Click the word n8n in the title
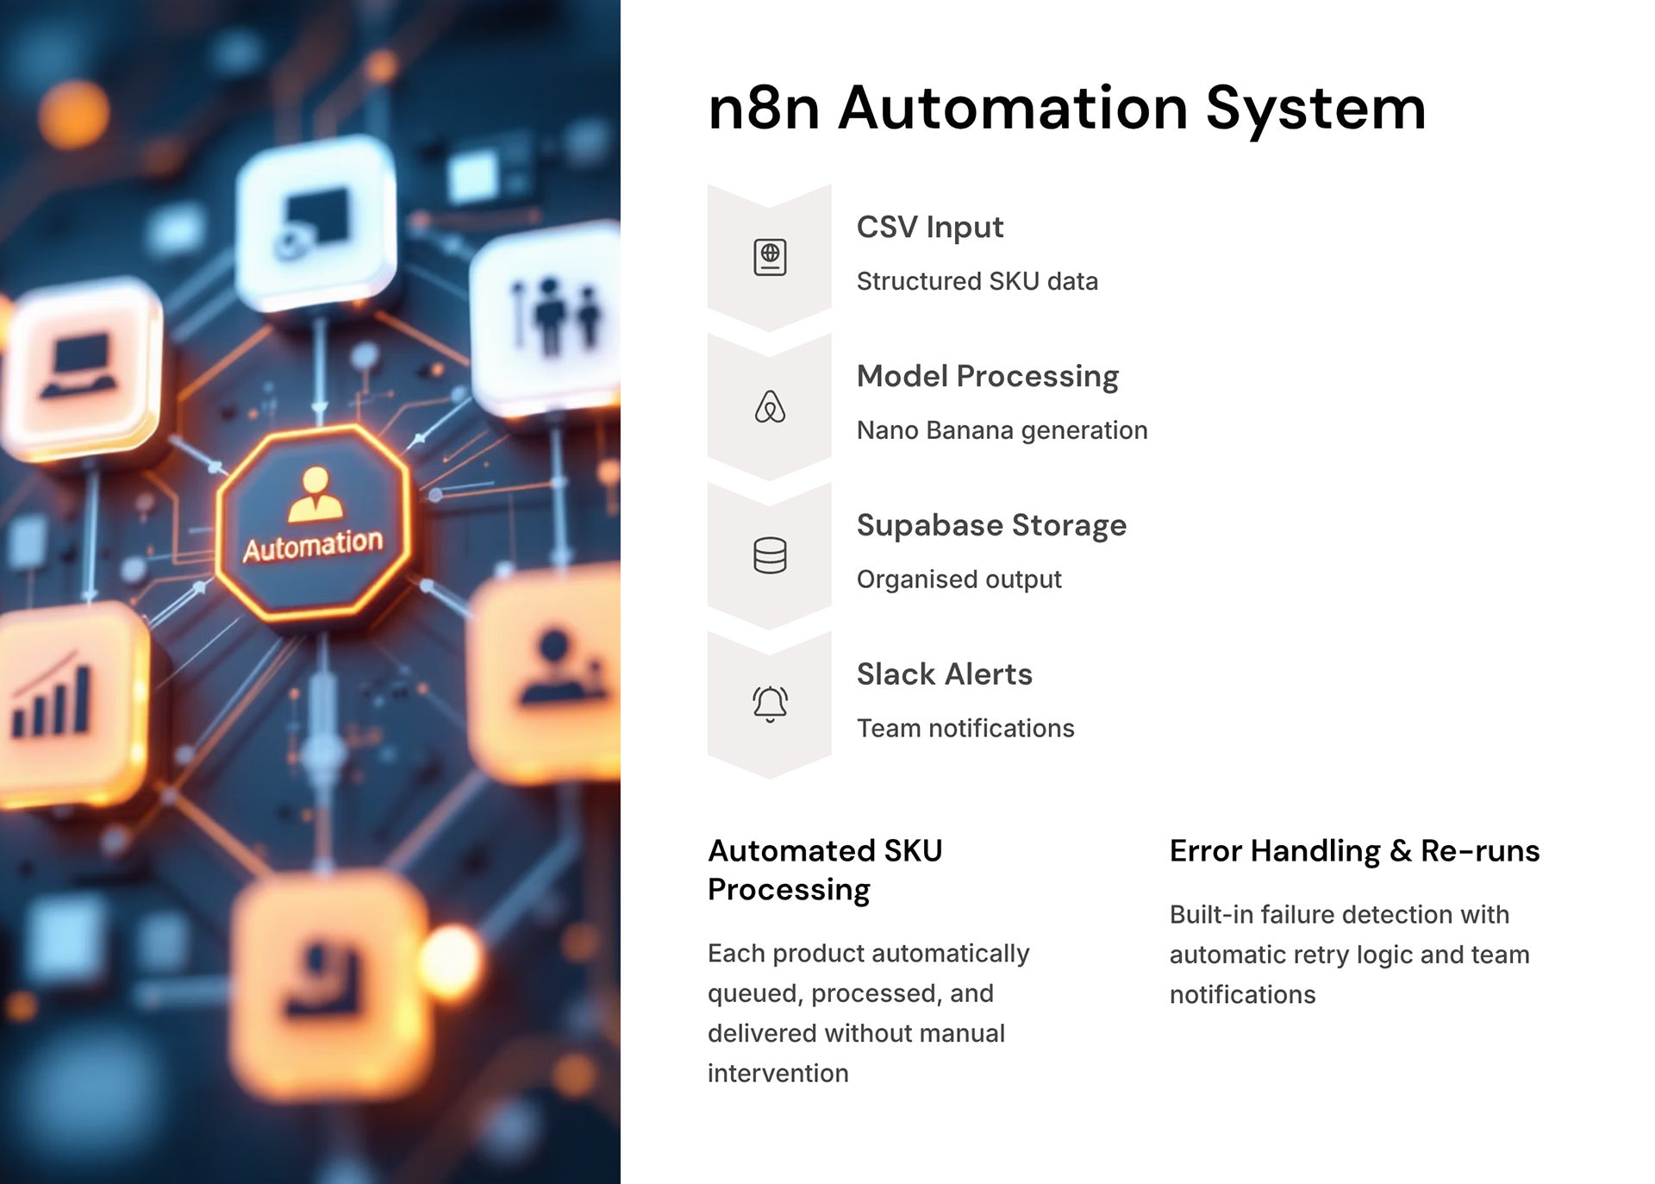[763, 110]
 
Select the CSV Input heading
[929, 228]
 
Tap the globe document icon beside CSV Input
[770, 257]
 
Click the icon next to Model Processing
[770, 406]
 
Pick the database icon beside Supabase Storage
[770, 555]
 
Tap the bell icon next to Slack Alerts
[770, 704]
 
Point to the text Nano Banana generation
[1002, 430]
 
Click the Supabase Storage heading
[991, 525]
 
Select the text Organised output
[959, 579]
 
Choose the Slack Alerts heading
[944, 674]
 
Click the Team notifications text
[965, 729]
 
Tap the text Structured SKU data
[977, 281]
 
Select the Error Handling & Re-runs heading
[1354, 851]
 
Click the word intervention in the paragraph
[778, 1074]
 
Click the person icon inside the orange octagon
[315, 494]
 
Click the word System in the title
[1315, 110]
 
